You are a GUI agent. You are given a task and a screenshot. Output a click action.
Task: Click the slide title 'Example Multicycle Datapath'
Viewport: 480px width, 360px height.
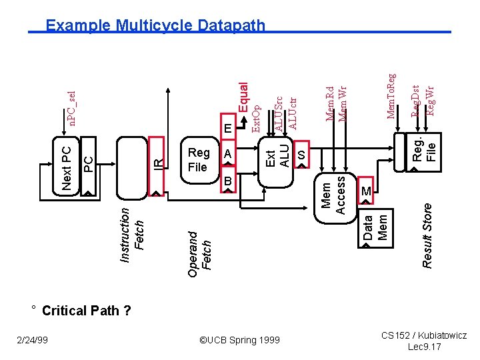coord(155,26)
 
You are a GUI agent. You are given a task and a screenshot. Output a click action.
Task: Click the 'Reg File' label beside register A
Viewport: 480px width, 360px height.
coord(198,159)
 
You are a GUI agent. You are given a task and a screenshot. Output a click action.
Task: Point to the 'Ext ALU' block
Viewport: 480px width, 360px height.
coord(277,155)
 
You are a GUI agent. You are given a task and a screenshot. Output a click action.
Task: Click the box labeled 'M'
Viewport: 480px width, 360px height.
coord(366,191)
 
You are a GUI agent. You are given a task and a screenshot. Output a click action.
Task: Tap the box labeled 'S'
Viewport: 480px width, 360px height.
coord(301,154)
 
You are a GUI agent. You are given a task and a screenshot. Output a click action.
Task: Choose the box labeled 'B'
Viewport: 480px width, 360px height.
coord(227,181)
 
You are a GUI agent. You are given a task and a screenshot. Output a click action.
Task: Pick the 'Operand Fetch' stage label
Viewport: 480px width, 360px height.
coord(199,250)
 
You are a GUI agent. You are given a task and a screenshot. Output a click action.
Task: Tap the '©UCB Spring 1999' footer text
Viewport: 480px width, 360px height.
coord(240,340)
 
